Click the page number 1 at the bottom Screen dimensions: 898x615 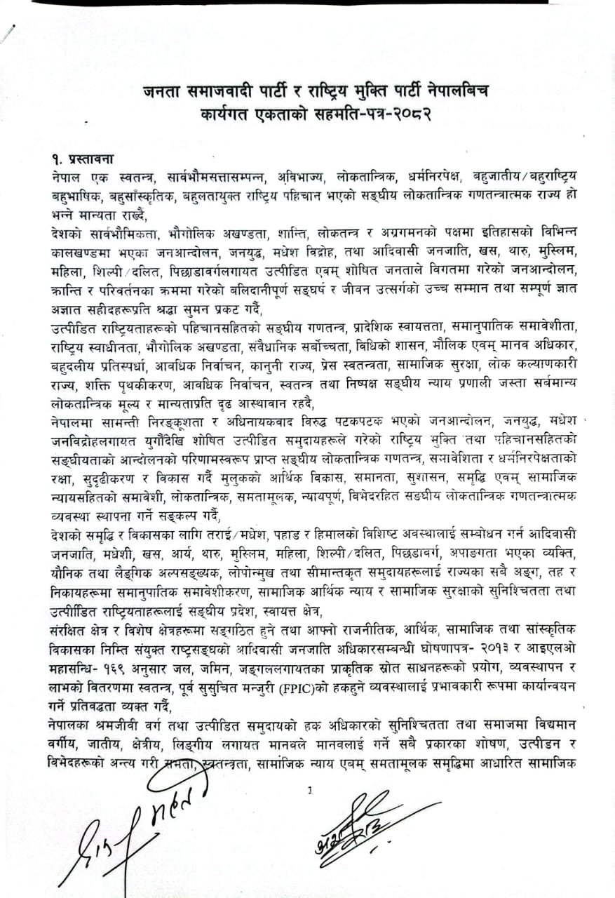pos(310,791)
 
